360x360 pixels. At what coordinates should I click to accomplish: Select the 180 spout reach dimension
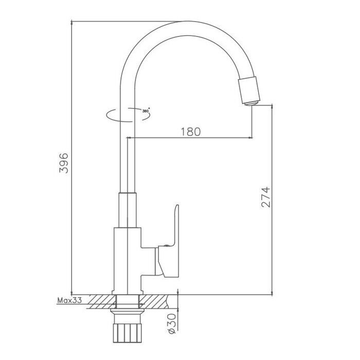point(190,132)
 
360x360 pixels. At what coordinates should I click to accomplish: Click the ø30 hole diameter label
point(173,325)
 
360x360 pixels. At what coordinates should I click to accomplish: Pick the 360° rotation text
point(146,111)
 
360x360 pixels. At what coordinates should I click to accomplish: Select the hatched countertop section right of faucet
point(157,300)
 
